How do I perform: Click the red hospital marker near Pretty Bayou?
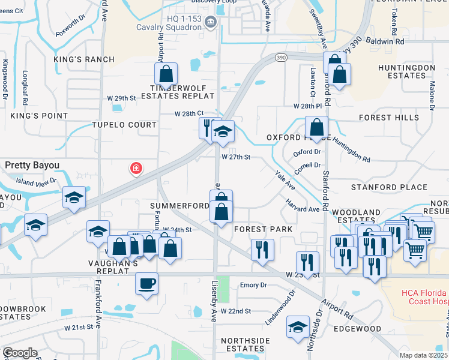[137, 169]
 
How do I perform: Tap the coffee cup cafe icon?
[146, 283]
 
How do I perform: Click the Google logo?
[20, 353]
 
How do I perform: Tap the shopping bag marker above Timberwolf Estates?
[166, 74]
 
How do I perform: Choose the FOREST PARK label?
[263, 229]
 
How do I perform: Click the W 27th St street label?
[235, 157]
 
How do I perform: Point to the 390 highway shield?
[281, 56]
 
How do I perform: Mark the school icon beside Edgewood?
[297, 328]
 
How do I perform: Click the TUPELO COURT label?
[124, 125]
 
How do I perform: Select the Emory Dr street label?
[252, 286]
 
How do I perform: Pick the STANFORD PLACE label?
[389, 187]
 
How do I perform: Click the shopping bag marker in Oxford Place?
[316, 128]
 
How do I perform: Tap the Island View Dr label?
[36, 181]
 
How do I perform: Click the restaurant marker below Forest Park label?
[262, 249]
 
